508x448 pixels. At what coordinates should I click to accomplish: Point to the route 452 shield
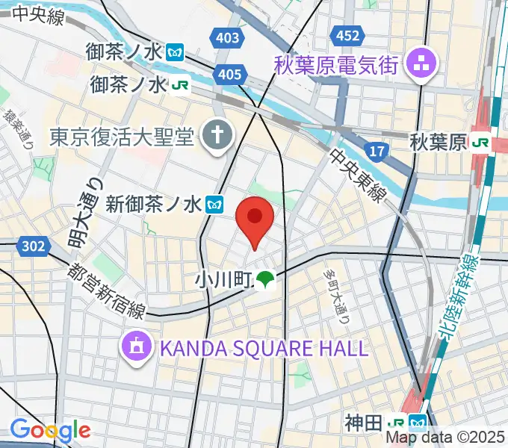tap(347, 35)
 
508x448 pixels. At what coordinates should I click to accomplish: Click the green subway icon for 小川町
tap(265, 280)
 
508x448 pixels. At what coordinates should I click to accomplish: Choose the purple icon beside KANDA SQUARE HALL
tap(137, 346)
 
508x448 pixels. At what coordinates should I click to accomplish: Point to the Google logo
tap(49, 429)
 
